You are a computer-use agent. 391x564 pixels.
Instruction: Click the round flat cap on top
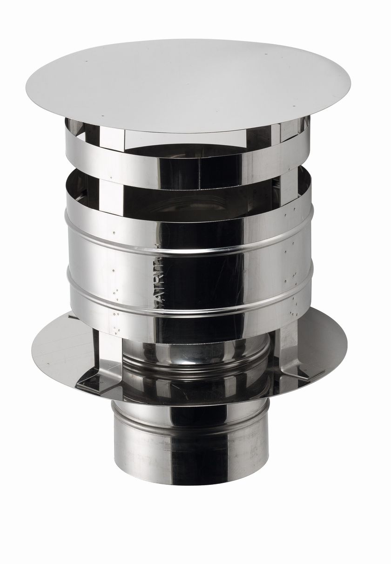click(x=186, y=84)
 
